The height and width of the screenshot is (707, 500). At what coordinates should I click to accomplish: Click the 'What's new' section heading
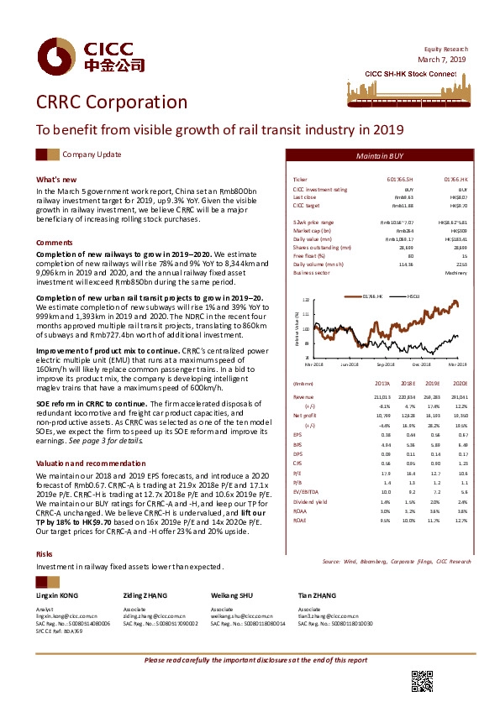coord(56,180)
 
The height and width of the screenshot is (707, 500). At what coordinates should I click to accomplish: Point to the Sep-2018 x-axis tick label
coord(386,363)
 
